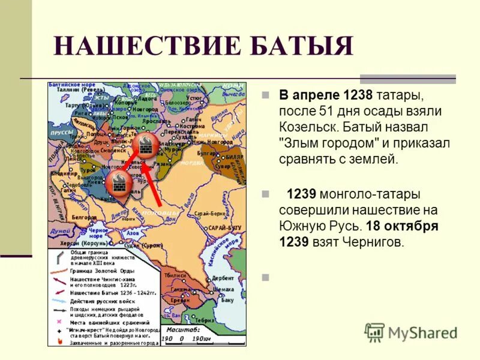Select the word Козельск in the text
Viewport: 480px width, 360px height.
(x=305, y=128)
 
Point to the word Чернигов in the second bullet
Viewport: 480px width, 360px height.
(x=374, y=242)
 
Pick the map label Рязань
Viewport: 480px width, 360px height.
(x=163, y=163)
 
